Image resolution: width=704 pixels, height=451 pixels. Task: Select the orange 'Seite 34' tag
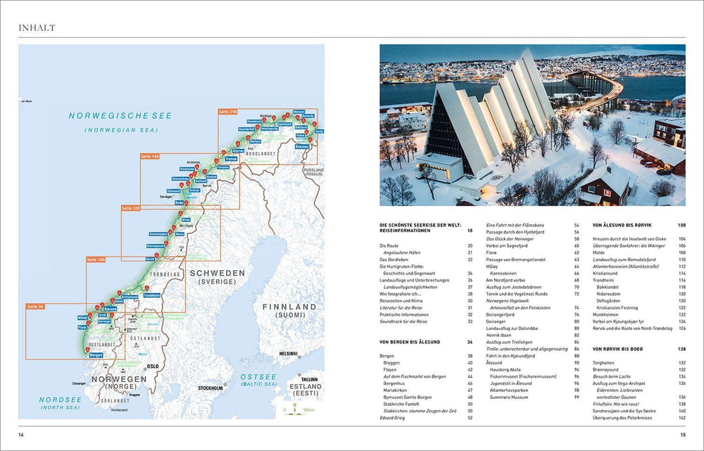click(35, 307)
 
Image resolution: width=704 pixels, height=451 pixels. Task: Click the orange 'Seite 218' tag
click(228, 111)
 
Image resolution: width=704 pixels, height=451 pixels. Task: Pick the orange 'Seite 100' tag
click(96, 260)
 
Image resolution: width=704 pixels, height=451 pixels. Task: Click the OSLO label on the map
click(153, 367)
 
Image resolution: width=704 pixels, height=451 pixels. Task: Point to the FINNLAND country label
click(291, 307)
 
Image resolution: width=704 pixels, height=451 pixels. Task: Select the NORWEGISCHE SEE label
click(120, 115)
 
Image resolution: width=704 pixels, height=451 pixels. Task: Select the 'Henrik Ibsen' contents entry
click(500, 335)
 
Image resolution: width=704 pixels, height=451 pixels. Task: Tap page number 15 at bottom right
click(681, 434)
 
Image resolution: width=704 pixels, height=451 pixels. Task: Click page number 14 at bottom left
click(22, 434)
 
